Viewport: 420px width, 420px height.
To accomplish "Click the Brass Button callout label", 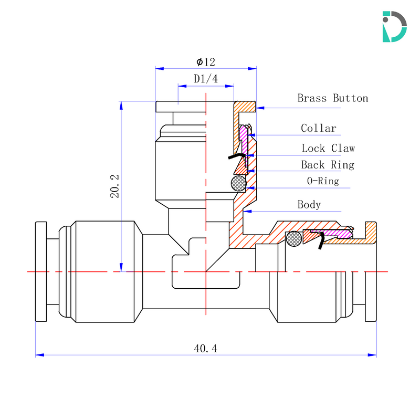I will [332, 98].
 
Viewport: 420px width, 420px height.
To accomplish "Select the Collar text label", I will [318, 128].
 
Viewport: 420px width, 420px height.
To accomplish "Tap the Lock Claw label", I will [328, 149].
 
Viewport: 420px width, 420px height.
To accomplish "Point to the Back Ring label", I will [327, 165].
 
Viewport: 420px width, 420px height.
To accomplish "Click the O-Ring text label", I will [323, 182].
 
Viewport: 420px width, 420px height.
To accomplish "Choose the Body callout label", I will [309, 204].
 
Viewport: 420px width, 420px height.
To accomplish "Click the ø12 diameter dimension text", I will [206, 62].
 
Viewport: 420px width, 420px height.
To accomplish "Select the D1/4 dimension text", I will [206, 79].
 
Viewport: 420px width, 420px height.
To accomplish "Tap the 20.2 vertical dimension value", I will [115, 186].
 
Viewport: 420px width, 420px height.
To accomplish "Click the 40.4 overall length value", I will [206, 349].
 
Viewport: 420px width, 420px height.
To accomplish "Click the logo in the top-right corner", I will [394, 26].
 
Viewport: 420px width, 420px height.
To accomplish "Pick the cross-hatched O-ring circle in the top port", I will [238, 183].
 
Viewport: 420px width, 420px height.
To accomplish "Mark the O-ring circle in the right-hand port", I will [293, 239].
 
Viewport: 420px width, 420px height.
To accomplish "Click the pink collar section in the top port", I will [244, 134].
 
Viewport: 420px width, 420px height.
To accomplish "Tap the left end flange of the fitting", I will [40, 271].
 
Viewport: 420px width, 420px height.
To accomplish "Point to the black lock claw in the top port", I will [237, 155].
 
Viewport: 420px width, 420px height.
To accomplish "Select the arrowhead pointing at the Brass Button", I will [260, 108].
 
